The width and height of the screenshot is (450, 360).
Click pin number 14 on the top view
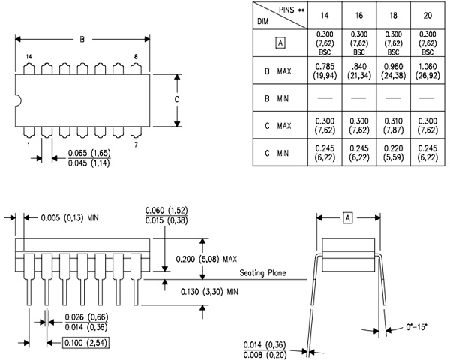tap(28, 57)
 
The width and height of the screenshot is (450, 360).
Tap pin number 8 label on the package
tap(135, 57)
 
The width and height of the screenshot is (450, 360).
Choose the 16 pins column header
tap(358, 15)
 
